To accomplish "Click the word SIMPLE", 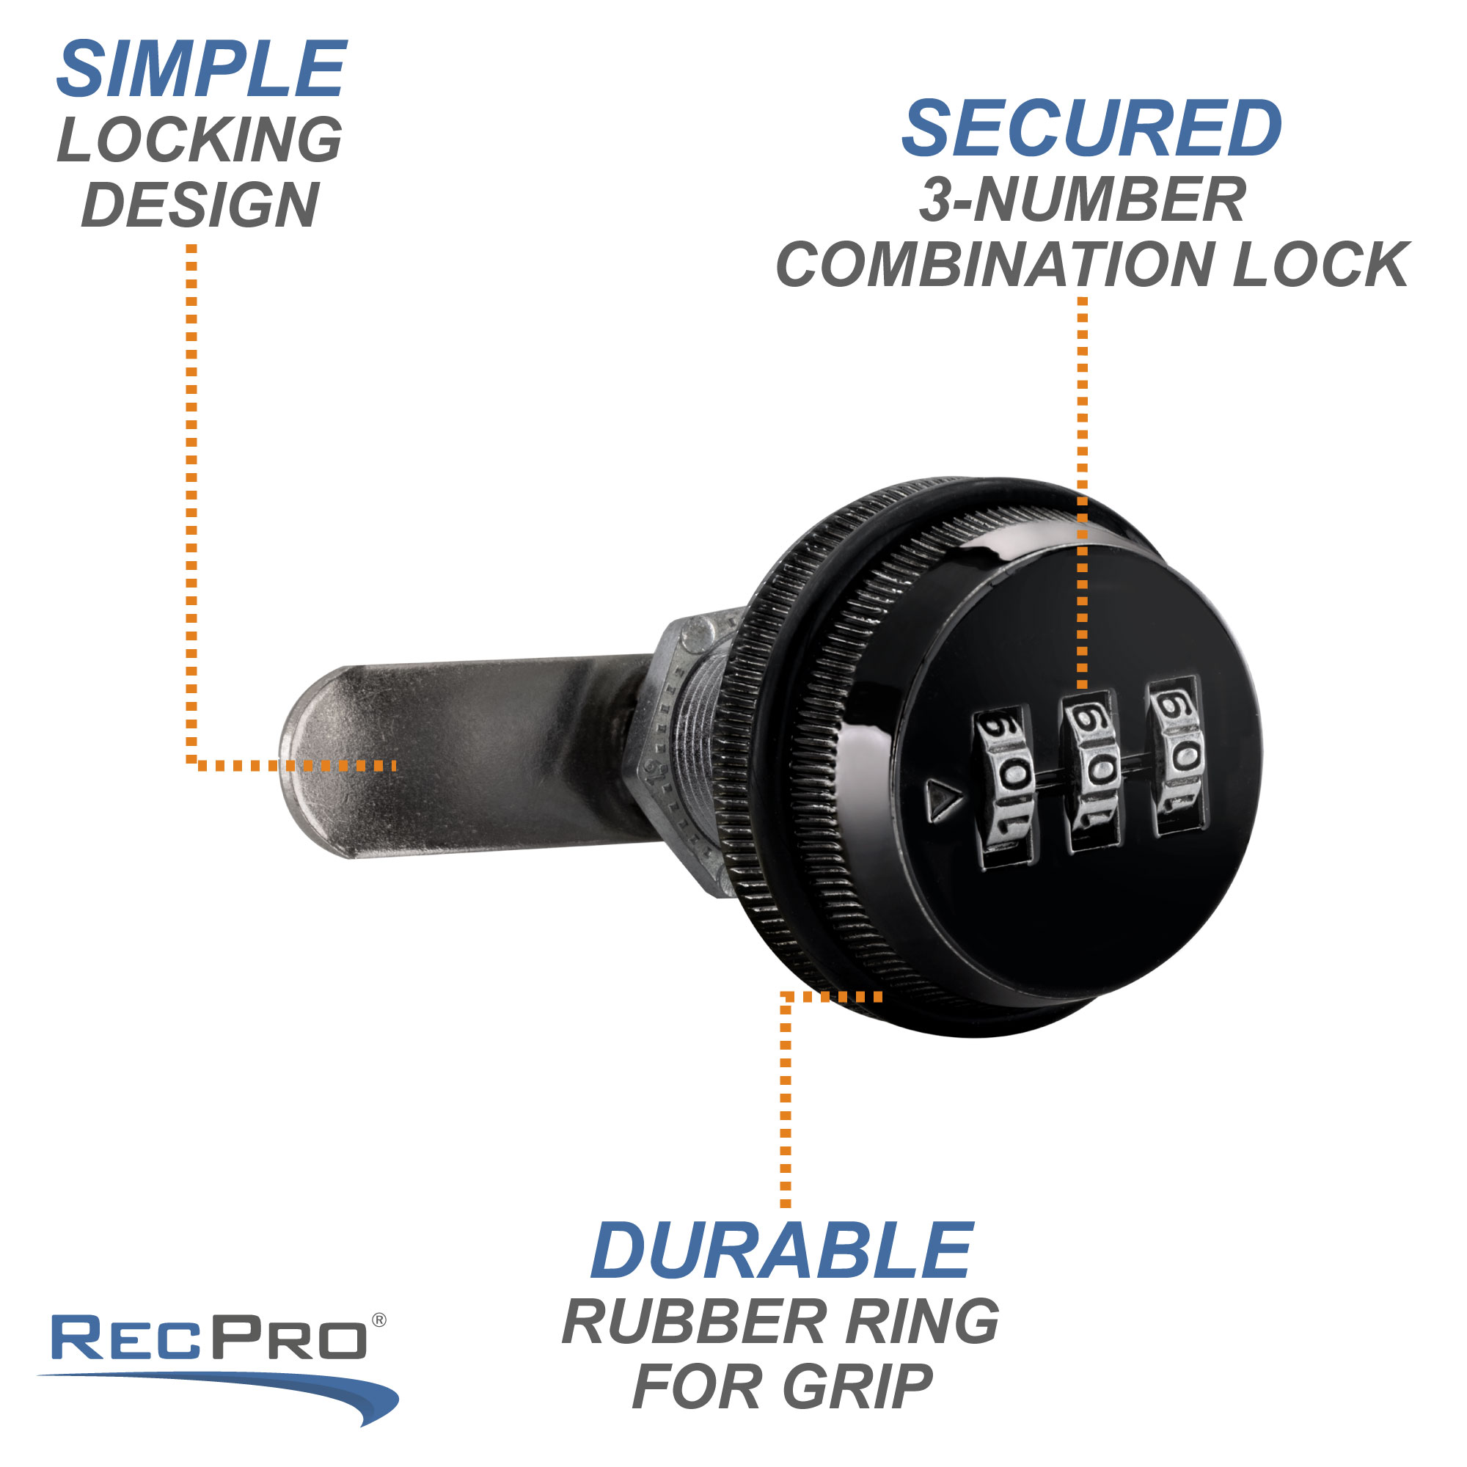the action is click(201, 70).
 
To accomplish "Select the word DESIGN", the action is click(200, 205).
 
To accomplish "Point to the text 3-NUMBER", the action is click(1082, 200).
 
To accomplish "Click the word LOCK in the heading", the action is click(1321, 265).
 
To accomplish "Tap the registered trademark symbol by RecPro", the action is click(379, 1256).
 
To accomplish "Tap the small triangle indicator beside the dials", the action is click(943, 802).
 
